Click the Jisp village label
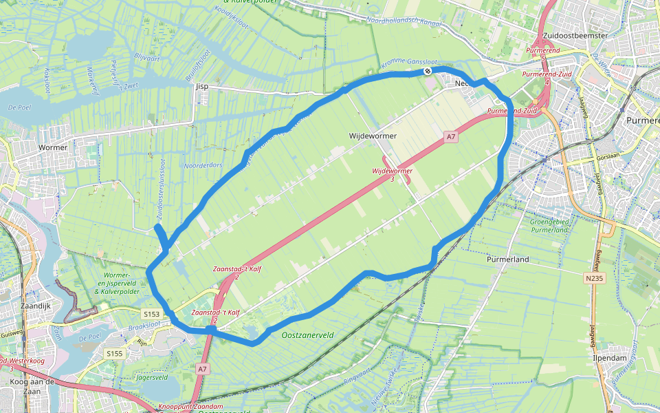(x=201, y=87)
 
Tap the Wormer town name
(x=54, y=147)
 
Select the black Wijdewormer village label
(x=373, y=136)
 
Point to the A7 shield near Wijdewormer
(x=451, y=138)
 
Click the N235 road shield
(x=595, y=279)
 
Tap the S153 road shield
(x=151, y=314)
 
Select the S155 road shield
(x=114, y=353)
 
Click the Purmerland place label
(x=507, y=260)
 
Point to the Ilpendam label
(x=609, y=359)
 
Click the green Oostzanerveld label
(x=308, y=335)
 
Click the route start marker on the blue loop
(x=428, y=70)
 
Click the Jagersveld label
(x=153, y=377)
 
